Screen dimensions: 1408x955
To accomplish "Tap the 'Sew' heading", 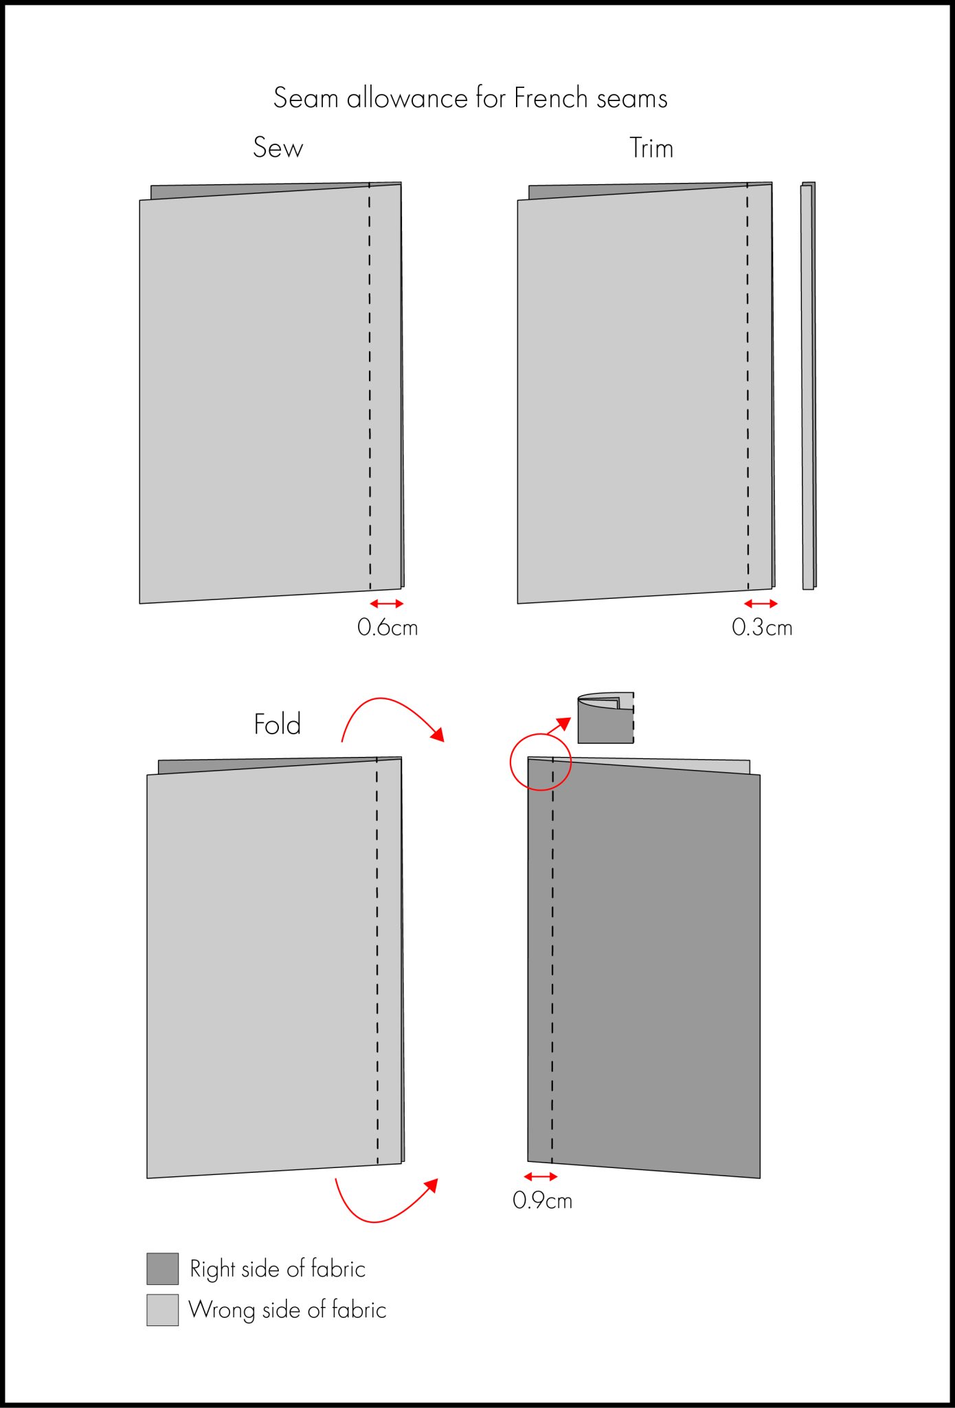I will [x=278, y=147].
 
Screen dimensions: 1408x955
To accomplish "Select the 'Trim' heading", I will [x=651, y=148].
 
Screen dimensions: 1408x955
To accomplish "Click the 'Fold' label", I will [x=277, y=724].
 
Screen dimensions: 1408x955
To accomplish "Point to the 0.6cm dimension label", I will [x=387, y=627].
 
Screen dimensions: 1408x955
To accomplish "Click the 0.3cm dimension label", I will [x=761, y=627].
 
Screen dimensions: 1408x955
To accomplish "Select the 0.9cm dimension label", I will [x=542, y=1200].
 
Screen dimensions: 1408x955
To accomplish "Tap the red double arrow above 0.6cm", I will [x=387, y=604].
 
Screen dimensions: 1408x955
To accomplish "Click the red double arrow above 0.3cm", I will [x=761, y=604].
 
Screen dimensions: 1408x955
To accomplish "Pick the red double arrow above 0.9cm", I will [x=541, y=1177].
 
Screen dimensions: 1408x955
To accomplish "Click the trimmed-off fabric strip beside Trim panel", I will [x=809, y=385].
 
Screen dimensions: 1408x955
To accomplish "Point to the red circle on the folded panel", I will [x=541, y=762].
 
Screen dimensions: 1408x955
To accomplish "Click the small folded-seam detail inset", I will [x=605, y=718].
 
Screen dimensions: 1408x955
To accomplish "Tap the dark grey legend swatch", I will [x=162, y=1268].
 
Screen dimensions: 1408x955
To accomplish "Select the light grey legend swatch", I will [x=162, y=1310].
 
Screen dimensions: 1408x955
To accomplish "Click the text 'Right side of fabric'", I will [x=277, y=1268].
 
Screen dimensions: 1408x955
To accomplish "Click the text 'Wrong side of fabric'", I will [x=287, y=1310].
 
